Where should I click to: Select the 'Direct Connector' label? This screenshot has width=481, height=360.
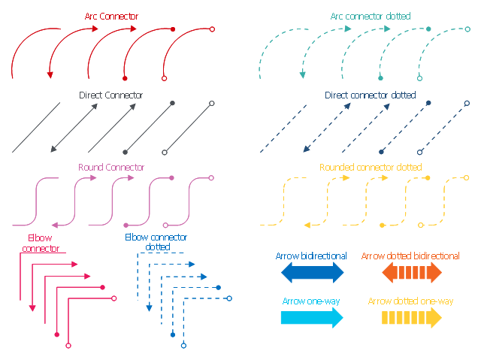110,95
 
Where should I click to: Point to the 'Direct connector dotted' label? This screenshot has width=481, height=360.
370,95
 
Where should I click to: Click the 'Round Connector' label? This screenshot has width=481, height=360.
110,168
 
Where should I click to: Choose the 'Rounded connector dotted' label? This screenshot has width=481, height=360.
370,168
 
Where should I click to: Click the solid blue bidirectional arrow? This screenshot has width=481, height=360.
312,272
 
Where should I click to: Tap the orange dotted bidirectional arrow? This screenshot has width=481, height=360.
410,272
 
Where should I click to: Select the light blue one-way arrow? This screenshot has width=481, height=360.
312,317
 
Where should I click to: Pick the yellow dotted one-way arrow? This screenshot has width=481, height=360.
410,317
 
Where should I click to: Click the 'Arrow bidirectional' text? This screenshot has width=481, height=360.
311,256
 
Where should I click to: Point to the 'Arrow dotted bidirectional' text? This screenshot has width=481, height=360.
410,256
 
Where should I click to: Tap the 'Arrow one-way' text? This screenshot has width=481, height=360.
311,301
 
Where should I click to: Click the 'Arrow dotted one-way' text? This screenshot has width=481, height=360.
410,301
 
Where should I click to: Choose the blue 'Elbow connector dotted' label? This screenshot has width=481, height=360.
156,241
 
